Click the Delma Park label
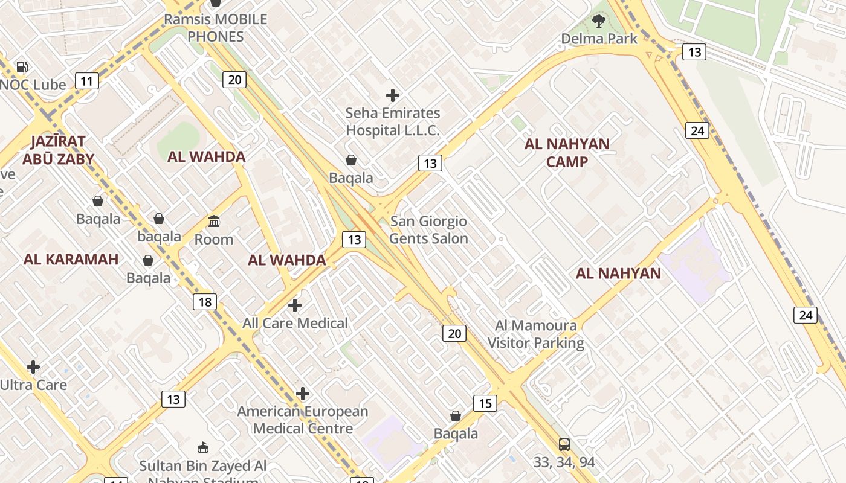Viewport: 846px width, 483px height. (x=599, y=39)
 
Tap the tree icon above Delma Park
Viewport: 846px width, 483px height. (x=599, y=22)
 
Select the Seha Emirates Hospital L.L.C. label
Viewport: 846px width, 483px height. (x=393, y=121)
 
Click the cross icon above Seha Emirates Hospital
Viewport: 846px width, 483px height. (x=393, y=95)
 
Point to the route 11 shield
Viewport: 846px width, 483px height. (x=87, y=81)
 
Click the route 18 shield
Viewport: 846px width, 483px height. (x=205, y=302)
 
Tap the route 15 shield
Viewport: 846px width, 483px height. (x=485, y=403)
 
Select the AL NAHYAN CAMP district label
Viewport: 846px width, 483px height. (x=567, y=153)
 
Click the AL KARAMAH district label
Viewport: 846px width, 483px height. (x=71, y=260)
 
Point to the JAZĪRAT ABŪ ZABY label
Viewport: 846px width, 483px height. (x=58, y=150)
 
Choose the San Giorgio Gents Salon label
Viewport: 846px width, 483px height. (x=428, y=230)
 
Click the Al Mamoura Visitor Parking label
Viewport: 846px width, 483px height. (x=535, y=334)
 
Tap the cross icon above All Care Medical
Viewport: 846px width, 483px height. (x=295, y=305)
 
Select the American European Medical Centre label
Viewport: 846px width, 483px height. (x=303, y=420)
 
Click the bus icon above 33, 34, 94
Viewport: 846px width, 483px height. (x=564, y=444)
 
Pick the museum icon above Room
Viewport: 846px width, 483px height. (x=214, y=222)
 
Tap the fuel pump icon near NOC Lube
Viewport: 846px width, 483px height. (x=22, y=67)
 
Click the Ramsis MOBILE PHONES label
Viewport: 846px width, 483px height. (x=215, y=28)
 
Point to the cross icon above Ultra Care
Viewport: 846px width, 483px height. (x=33, y=367)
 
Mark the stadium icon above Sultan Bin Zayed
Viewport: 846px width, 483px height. (x=203, y=448)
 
